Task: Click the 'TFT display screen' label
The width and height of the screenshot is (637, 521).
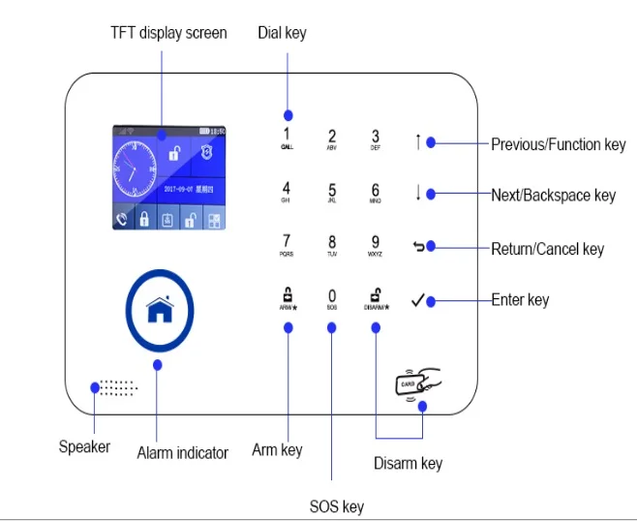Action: tap(167, 33)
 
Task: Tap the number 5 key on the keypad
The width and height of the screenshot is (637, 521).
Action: tap(332, 191)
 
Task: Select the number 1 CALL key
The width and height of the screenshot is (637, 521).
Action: tap(287, 138)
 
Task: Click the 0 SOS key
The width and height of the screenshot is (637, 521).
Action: tap(332, 297)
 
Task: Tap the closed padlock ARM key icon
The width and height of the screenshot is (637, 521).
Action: tap(287, 294)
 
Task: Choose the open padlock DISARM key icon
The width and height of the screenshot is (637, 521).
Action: tap(376, 294)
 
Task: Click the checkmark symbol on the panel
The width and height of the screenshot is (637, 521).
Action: tap(417, 301)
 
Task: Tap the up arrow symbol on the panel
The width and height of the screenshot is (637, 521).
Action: tap(418, 142)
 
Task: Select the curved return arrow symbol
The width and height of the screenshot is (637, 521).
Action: tap(418, 247)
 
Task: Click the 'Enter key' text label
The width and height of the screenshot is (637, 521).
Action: tap(520, 299)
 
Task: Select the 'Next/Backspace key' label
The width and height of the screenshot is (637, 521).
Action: tap(553, 196)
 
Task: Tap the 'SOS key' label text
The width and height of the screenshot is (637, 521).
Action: tap(337, 506)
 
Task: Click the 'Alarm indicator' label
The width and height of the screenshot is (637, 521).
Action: tap(182, 452)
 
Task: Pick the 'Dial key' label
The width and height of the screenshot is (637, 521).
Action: tap(282, 33)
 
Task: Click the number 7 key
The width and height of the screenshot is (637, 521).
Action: tap(287, 242)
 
